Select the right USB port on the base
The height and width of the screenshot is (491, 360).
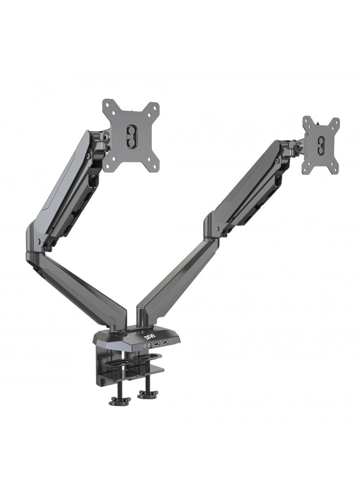tap(165, 343)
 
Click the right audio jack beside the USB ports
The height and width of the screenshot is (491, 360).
tap(149, 345)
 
